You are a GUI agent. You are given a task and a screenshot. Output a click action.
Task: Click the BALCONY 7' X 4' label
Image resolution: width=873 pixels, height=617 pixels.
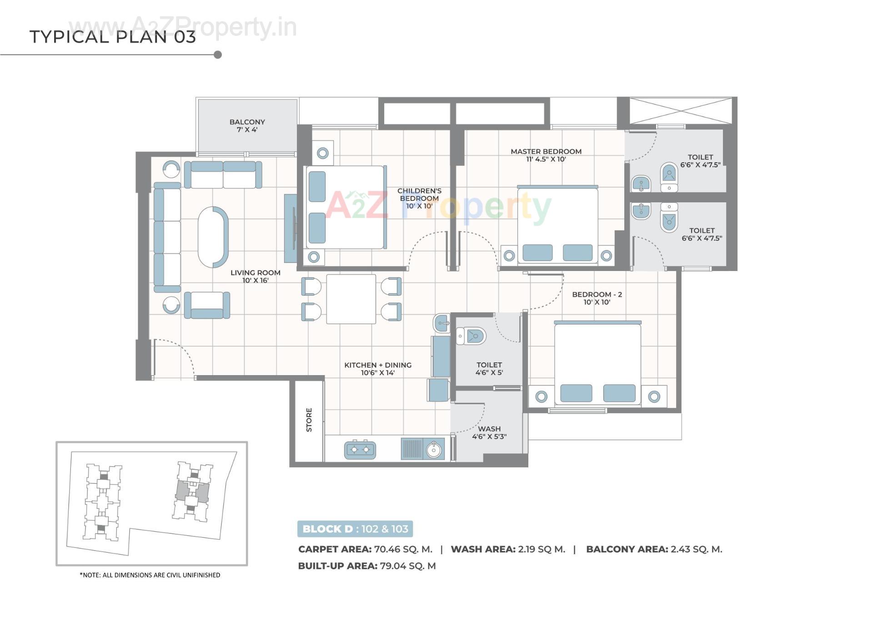[247, 125]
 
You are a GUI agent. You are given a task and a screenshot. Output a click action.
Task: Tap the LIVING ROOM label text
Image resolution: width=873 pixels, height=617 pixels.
[255, 276]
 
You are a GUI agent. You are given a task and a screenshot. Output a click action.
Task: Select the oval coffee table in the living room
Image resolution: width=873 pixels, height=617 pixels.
[213, 237]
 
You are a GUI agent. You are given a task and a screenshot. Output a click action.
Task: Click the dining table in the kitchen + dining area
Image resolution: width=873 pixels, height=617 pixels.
[351, 299]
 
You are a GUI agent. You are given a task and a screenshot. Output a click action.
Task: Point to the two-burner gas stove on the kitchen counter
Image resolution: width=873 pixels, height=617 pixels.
[360, 450]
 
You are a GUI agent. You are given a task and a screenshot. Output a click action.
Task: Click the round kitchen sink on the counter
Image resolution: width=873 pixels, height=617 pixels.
[433, 450]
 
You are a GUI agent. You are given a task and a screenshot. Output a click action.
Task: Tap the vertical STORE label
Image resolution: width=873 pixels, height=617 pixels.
[309, 420]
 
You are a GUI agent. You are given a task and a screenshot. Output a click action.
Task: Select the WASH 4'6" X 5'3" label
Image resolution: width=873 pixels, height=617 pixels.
[489, 432]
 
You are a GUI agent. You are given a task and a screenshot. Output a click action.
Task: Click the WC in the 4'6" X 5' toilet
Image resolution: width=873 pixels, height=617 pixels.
[472, 336]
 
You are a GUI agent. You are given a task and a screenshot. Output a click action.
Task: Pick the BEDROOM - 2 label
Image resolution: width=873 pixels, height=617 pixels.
[597, 298]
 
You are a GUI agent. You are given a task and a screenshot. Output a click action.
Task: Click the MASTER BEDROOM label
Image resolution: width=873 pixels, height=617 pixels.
[546, 155]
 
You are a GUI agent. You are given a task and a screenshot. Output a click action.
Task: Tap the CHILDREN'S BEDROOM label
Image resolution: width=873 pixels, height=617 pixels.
[419, 198]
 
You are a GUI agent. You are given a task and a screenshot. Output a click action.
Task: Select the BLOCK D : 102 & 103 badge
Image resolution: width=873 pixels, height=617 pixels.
[355, 529]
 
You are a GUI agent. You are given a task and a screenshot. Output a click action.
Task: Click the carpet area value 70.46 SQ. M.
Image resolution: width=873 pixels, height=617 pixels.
[403, 549]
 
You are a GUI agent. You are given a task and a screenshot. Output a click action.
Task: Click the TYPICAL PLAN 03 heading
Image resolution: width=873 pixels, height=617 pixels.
[113, 37]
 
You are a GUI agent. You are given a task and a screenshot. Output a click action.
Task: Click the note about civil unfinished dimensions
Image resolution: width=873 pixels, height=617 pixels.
[150, 575]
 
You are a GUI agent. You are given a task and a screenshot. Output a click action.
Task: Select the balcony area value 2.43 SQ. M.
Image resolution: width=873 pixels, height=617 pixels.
[696, 549]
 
